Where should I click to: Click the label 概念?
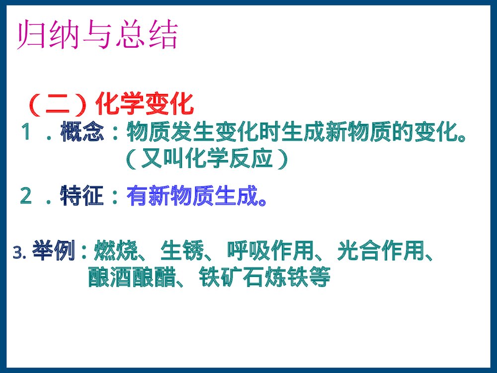pyautogui.click(x=83, y=133)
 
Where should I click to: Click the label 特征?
pyautogui.click(x=83, y=196)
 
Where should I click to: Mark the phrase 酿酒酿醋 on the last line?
pyautogui.click(x=132, y=278)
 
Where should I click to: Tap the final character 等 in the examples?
pyautogui.click(x=319, y=278)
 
